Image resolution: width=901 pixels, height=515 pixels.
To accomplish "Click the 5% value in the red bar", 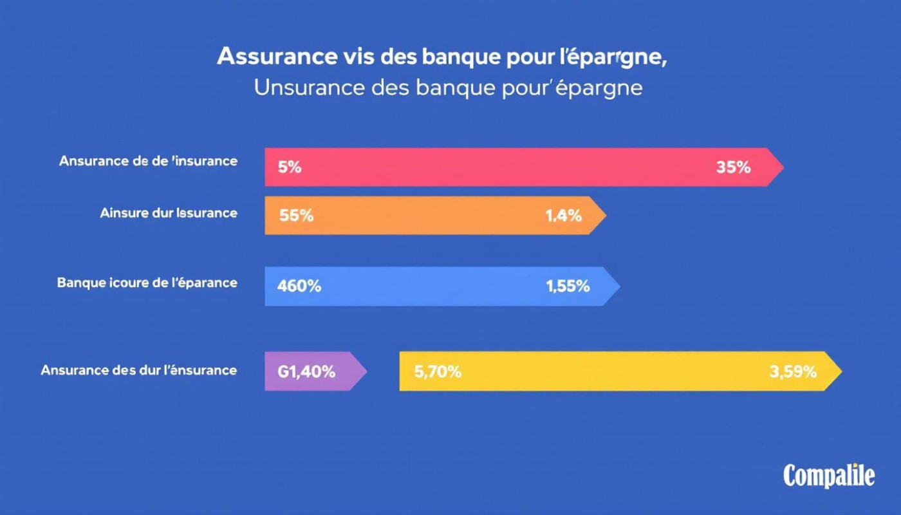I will [x=290, y=167].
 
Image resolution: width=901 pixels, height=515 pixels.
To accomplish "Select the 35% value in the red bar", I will [x=733, y=167].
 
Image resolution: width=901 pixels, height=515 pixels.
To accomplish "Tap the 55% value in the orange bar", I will [x=297, y=216].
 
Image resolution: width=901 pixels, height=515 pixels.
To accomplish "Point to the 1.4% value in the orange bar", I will [x=563, y=216].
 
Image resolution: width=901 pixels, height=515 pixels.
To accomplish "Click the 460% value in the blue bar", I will [x=299, y=286].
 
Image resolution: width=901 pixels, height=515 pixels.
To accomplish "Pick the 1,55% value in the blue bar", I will [x=568, y=286].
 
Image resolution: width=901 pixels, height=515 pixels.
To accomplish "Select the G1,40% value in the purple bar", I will [x=306, y=371].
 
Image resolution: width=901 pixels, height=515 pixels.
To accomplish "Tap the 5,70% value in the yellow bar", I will [x=438, y=371].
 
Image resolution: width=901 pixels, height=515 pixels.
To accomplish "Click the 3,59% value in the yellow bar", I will [x=793, y=371].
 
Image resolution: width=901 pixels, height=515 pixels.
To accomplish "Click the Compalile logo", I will [x=829, y=476].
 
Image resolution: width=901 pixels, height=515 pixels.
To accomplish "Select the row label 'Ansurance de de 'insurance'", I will [x=148, y=161].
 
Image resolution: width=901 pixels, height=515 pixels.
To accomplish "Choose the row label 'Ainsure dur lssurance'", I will [x=169, y=212].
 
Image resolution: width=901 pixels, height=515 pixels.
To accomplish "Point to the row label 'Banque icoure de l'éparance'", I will [x=147, y=283].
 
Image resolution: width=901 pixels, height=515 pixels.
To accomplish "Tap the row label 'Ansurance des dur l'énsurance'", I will [x=138, y=370].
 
